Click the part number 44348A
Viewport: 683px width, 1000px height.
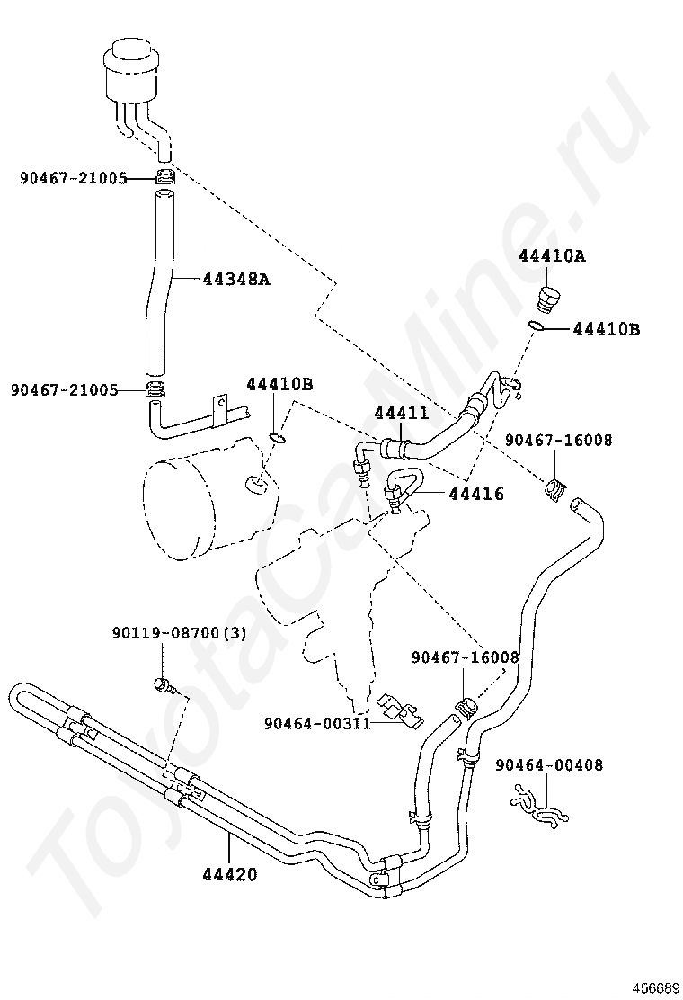[237, 279]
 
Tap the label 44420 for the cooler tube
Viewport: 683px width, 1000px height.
[230, 874]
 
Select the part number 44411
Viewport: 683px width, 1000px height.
[402, 414]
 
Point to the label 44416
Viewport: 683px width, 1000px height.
[476, 493]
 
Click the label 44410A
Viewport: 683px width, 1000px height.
[552, 255]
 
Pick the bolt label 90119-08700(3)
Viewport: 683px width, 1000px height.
[179, 633]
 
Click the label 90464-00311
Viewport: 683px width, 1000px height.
[317, 723]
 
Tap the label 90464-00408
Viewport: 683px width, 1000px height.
[548, 764]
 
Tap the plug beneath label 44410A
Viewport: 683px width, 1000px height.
[546, 299]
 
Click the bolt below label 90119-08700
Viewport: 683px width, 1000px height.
[164, 686]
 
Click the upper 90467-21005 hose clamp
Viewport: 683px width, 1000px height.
[165, 178]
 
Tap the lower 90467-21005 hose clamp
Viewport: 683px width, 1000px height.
[155, 388]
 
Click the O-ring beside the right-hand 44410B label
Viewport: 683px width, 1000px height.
[537, 326]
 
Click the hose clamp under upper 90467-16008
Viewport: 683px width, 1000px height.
[555, 489]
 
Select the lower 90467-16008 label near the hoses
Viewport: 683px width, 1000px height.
[466, 656]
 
